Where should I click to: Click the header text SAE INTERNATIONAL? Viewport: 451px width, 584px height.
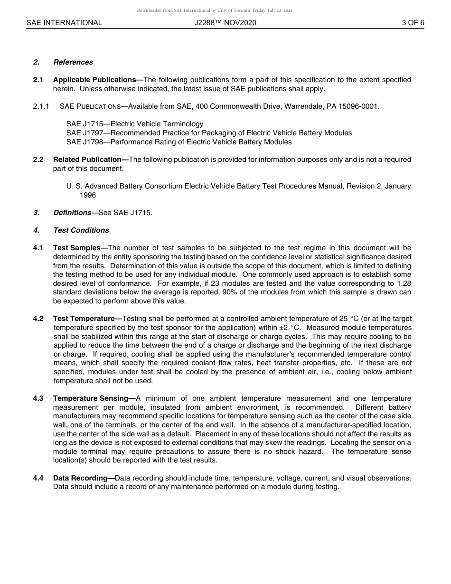click(64, 23)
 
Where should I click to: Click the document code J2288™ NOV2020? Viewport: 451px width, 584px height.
click(225, 23)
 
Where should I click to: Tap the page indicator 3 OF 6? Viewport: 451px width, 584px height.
click(413, 23)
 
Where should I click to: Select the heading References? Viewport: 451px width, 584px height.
click(73, 62)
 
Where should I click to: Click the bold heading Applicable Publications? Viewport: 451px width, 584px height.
click(97, 80)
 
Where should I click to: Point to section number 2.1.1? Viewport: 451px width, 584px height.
click(41, 106)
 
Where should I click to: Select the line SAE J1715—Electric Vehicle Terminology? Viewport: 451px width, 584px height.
click(135, 124)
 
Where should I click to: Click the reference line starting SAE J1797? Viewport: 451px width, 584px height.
click(209, 133)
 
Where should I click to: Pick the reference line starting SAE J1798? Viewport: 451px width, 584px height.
click(179, 142)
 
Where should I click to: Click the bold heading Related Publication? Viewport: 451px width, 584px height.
click(90, 160)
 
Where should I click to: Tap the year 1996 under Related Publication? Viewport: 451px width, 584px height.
click(87, 195)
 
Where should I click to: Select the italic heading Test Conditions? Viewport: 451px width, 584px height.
click(81, 230)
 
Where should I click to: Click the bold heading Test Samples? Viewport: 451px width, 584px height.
click(80, 248)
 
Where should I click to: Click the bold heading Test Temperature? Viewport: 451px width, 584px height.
click(87, 319)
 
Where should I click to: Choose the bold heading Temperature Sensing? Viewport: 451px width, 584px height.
click(94, 398)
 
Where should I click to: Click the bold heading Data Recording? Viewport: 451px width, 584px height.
click(83, 478)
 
